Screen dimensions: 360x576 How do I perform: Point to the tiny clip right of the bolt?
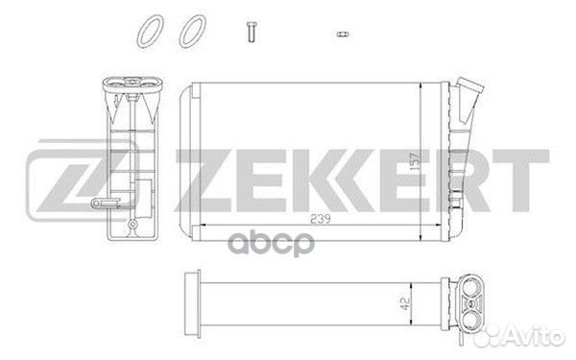[341, 33]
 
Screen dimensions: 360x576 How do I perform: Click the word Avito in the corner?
[547, 335]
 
